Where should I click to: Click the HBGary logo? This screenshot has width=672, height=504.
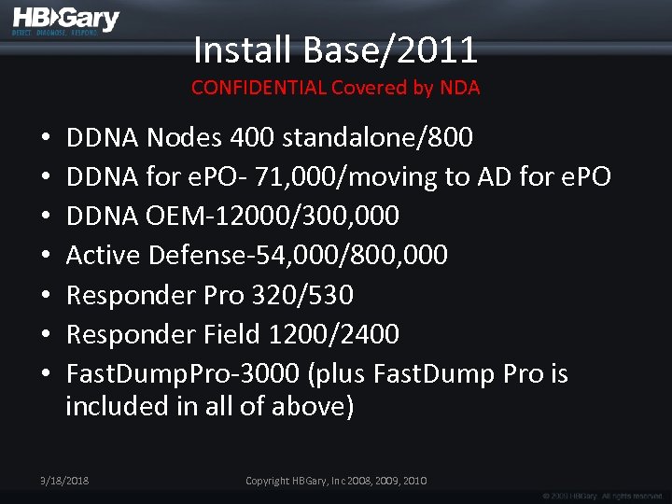coord(65,21)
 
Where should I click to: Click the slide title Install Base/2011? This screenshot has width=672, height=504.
coord(335,49)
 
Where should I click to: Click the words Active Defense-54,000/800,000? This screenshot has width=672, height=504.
coord(257,255)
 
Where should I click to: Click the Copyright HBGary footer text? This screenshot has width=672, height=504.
coord(336,481)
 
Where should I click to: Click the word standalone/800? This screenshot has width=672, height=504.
coord(377,138)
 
